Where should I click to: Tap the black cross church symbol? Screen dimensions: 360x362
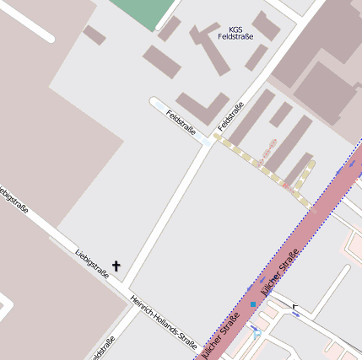click(116, 266)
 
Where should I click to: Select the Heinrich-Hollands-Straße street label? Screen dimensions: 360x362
click(164, 321)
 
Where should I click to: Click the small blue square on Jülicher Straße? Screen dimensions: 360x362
click(253, 304)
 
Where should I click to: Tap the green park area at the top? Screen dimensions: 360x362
click(144, 12)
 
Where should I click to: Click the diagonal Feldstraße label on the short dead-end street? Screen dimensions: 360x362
click(181, 122)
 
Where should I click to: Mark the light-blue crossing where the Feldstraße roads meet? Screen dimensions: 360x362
click(207, 142)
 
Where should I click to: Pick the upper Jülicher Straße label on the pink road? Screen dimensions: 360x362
click(280, 271)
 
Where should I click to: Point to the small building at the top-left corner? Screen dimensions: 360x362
click(94, 35)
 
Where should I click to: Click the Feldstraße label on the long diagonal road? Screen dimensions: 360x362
click(230, 116)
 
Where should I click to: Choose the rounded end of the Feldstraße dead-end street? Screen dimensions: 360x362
click(155, 103)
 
